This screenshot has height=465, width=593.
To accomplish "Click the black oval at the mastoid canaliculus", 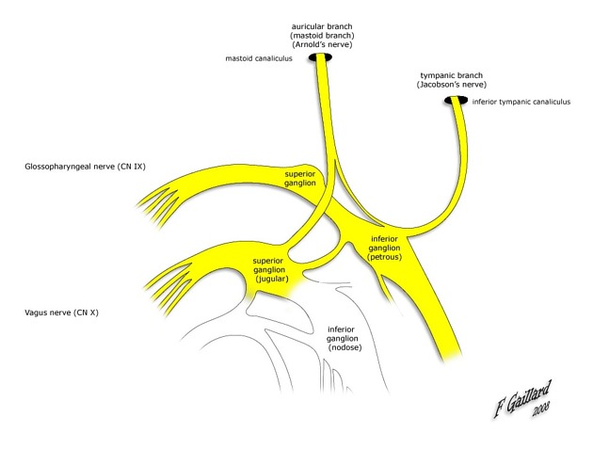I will coord(324,58).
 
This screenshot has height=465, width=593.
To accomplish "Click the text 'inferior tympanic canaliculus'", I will coord(521,102).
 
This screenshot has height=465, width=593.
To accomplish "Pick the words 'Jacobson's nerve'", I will coord(451,85).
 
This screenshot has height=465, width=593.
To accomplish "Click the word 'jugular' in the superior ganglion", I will coord(273,279).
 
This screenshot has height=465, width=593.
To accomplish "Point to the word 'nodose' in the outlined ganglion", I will coord(345,348).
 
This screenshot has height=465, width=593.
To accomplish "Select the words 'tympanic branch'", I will coord(451,74).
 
